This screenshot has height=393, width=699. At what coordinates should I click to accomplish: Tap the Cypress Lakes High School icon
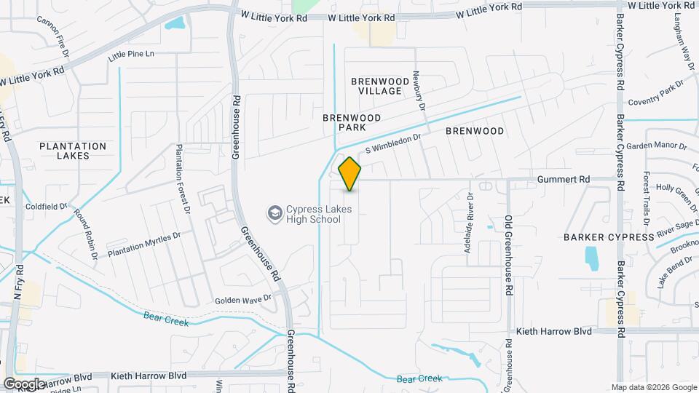[x=275, y=213]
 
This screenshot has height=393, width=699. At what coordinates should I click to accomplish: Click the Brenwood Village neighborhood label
[x=376, y=86]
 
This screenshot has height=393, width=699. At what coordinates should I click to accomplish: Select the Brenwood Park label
[x=352, y=122]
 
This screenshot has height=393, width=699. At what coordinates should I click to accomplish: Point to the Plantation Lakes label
[x=74, y=151]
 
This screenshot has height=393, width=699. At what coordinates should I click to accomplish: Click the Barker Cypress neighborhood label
[x=609, y=237]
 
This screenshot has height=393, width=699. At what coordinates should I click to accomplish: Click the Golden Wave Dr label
[x=242, y=298]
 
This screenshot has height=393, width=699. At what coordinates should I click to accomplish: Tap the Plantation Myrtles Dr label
[x=143, y=245]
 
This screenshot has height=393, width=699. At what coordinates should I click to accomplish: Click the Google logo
[x=24, y=384]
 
